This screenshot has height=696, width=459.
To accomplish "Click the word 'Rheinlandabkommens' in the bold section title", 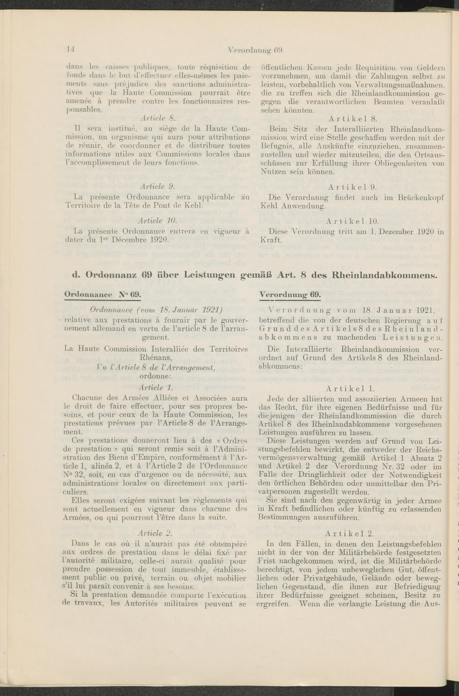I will point(385,276).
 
